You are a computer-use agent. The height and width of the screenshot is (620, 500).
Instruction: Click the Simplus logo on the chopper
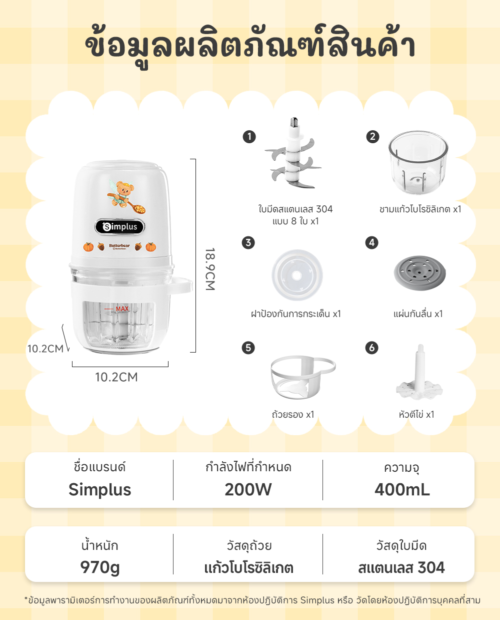coord(119,227)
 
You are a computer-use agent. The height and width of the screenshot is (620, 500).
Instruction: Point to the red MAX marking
coord(122,309)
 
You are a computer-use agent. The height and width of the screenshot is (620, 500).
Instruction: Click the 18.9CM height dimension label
coord(210,269)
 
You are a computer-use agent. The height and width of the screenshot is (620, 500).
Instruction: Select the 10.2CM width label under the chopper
coord(116,377)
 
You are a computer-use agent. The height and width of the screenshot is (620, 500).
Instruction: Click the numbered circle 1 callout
coord(248,137)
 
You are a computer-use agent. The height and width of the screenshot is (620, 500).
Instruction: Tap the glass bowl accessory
coord(418,162)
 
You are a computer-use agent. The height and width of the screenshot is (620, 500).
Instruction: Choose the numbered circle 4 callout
coord(371,243)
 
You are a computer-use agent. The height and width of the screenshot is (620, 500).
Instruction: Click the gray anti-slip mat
coord(419,273)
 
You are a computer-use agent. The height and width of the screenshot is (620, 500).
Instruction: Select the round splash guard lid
coord(297,275)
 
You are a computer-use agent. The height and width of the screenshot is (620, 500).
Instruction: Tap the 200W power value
coord(248,489)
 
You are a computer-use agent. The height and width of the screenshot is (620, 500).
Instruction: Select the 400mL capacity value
coord(402,489)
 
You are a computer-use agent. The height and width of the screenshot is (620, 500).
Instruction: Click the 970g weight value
coord(100,567)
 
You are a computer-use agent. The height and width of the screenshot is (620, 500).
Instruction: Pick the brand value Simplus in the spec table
coord(100,489)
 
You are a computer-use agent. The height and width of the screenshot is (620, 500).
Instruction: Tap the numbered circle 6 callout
coord(371,348)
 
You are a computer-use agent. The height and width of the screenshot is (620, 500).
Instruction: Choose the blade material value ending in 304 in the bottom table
coord(401,567)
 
